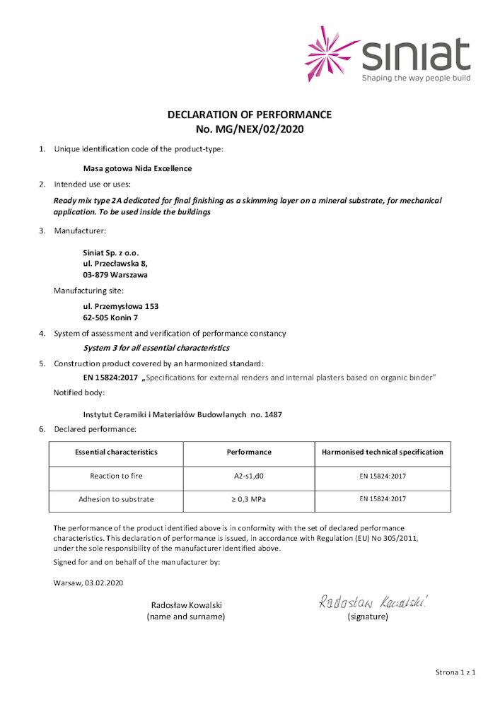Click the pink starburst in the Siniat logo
[x=332, y=53]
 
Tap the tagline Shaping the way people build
[x=416, y=78]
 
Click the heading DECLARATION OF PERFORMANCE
[x=249, y=115]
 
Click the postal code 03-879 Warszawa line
[x=115, y=274]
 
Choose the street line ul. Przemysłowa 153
[x=121, y=306]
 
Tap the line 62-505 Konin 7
[x=111, y=317]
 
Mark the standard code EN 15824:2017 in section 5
[x=110, y=378]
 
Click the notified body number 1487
[x=272, y=414]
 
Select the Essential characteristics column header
[x=116, y=452]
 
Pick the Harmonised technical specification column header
[x=383, y=452]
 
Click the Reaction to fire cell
[x=116, y=477]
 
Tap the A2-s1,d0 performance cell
[x=249, y=477]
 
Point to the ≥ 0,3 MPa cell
[x=249, y=500]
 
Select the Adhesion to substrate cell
[x=116, y=500]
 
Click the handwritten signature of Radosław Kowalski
[x=373, y=602]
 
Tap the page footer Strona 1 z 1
[x=455, y=672]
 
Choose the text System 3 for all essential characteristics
[x=156, y=348]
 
